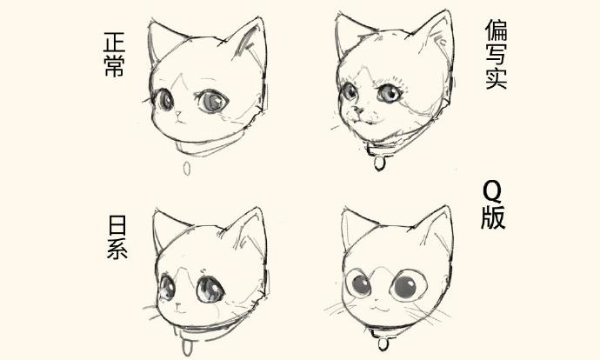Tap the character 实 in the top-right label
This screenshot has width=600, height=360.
click(497, 80)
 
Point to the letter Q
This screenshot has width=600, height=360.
click(492, 191)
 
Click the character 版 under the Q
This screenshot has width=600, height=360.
click(492, 217)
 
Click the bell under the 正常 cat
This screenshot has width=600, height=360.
click(186, 168)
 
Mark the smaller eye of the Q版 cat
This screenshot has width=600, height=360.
click(357, 284)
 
